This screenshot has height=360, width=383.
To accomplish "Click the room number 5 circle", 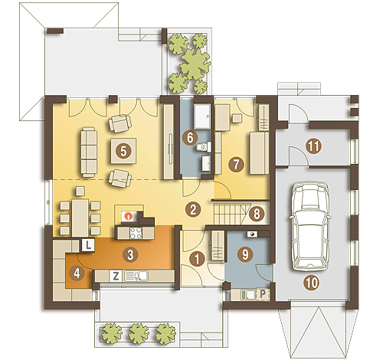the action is click(123, 151).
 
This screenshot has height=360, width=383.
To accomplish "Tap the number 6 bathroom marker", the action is click(190, 138).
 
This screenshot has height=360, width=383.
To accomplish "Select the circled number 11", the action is click(313, 146).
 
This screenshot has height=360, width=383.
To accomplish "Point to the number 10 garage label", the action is click(312, 283).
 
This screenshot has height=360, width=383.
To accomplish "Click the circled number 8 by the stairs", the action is click(257, 214).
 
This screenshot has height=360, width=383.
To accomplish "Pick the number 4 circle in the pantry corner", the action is click(77, 273).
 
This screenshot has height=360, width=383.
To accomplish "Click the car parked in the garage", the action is click(310, 226).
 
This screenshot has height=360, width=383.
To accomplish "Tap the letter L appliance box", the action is click(88, 245).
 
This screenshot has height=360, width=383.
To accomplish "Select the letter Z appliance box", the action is click(116, 276).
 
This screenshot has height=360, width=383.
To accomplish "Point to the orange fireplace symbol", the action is click(129, 217).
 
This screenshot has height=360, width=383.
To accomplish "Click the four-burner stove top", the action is click(136, 233).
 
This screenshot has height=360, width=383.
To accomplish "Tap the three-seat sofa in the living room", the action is click(89, 152).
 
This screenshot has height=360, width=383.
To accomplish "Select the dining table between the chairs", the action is click(80, 218).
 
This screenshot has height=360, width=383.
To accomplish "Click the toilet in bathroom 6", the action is click(204, 147).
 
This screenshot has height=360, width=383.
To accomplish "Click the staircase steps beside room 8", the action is click(228, 214).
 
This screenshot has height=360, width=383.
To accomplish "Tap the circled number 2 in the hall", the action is click(193, 209).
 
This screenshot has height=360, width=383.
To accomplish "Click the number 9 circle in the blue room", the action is click(245, 254).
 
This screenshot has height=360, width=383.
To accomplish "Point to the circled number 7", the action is click(236, 164).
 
